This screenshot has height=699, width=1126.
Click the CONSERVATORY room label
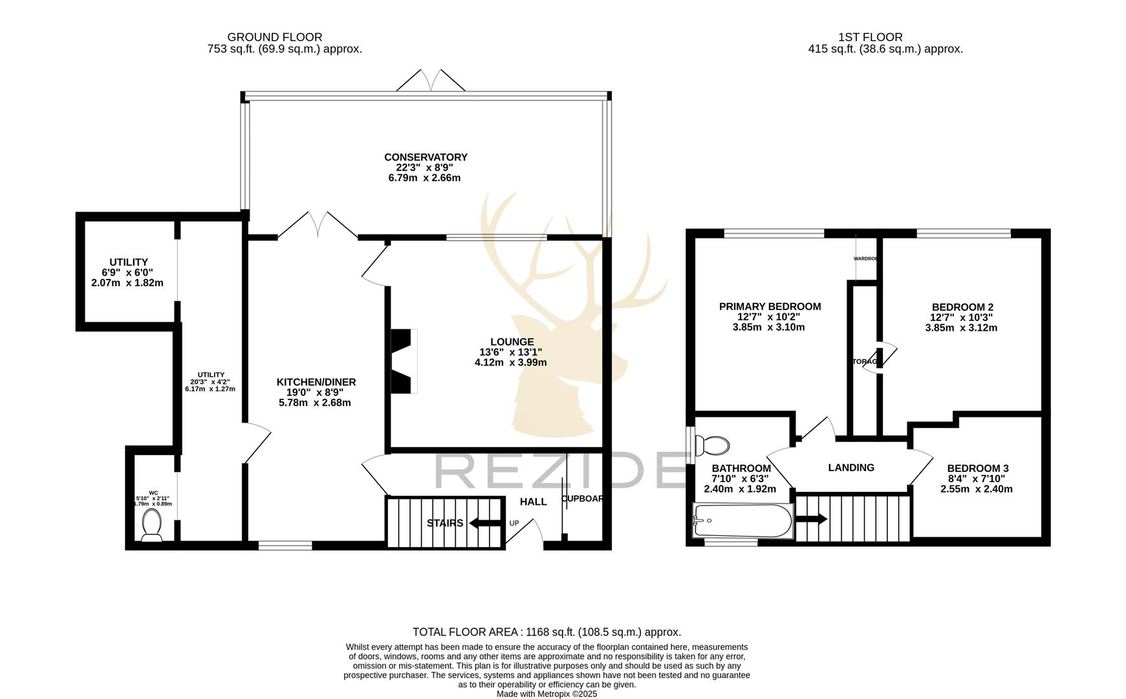pos(425,157)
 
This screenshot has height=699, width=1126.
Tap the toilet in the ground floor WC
pos(152,525)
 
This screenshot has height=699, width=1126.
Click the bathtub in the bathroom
pos(742,521)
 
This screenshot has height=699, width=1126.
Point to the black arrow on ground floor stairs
pos(484,523)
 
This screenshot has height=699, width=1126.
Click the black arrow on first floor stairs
pos(811,519)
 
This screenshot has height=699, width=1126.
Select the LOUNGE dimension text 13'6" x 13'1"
pos(510,352)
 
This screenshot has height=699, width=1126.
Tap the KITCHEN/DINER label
pos(316,382)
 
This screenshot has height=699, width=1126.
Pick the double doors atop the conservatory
pos(430,82)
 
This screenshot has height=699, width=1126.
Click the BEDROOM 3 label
pos(977,468)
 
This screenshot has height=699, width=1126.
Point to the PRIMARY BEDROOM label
pos(770,306)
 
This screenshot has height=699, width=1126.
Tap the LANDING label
pos(851,467)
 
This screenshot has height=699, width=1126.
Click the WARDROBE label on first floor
pos(866,258)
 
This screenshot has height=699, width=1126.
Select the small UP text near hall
pos(514,523)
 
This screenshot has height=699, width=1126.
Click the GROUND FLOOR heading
pos(274,38)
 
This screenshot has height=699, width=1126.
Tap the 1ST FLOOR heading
pos(870,38)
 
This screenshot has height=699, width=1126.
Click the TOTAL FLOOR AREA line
pos(547,632)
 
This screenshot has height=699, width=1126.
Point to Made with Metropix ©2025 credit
pos(547,694)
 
